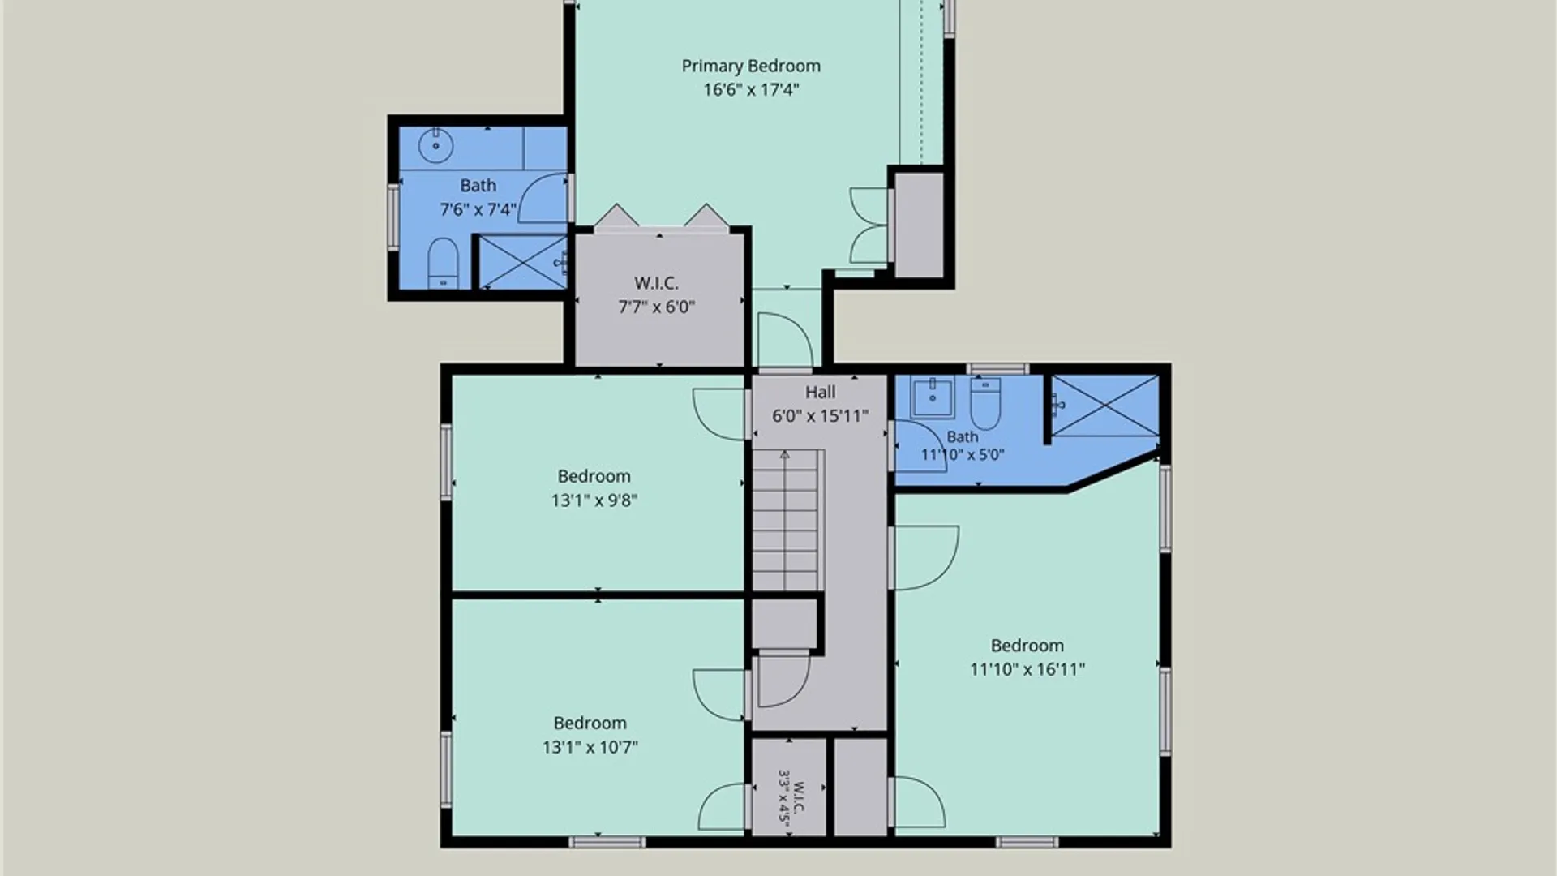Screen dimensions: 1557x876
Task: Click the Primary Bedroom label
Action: click(x=751, y=67)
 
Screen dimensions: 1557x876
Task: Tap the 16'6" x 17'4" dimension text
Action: click(x=751, y=90)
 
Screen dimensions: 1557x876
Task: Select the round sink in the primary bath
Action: click(x=435, y=146)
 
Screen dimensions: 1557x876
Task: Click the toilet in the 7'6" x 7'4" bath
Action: click(x=443, y=263)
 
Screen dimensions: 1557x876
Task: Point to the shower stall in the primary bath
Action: click(x=523, y=261)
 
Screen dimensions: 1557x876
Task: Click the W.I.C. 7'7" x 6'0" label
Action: click(x=657, y=295)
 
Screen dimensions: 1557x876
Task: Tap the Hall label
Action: click(x=820, y=393)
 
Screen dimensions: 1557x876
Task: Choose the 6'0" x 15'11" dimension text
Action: click(x=820, y=416)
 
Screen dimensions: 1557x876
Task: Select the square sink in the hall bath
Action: click(x=933, y=397)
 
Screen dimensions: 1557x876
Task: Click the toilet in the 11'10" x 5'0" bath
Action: click(x=985, y=403)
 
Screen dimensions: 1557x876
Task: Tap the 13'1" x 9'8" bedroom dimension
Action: click(x=594, y=500)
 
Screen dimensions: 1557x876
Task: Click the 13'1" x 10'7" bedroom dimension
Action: click(x=590, y=747)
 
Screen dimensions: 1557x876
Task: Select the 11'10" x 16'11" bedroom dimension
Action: click(x=1027, y=669)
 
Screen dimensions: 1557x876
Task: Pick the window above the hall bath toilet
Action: click(x=997, y=369)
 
